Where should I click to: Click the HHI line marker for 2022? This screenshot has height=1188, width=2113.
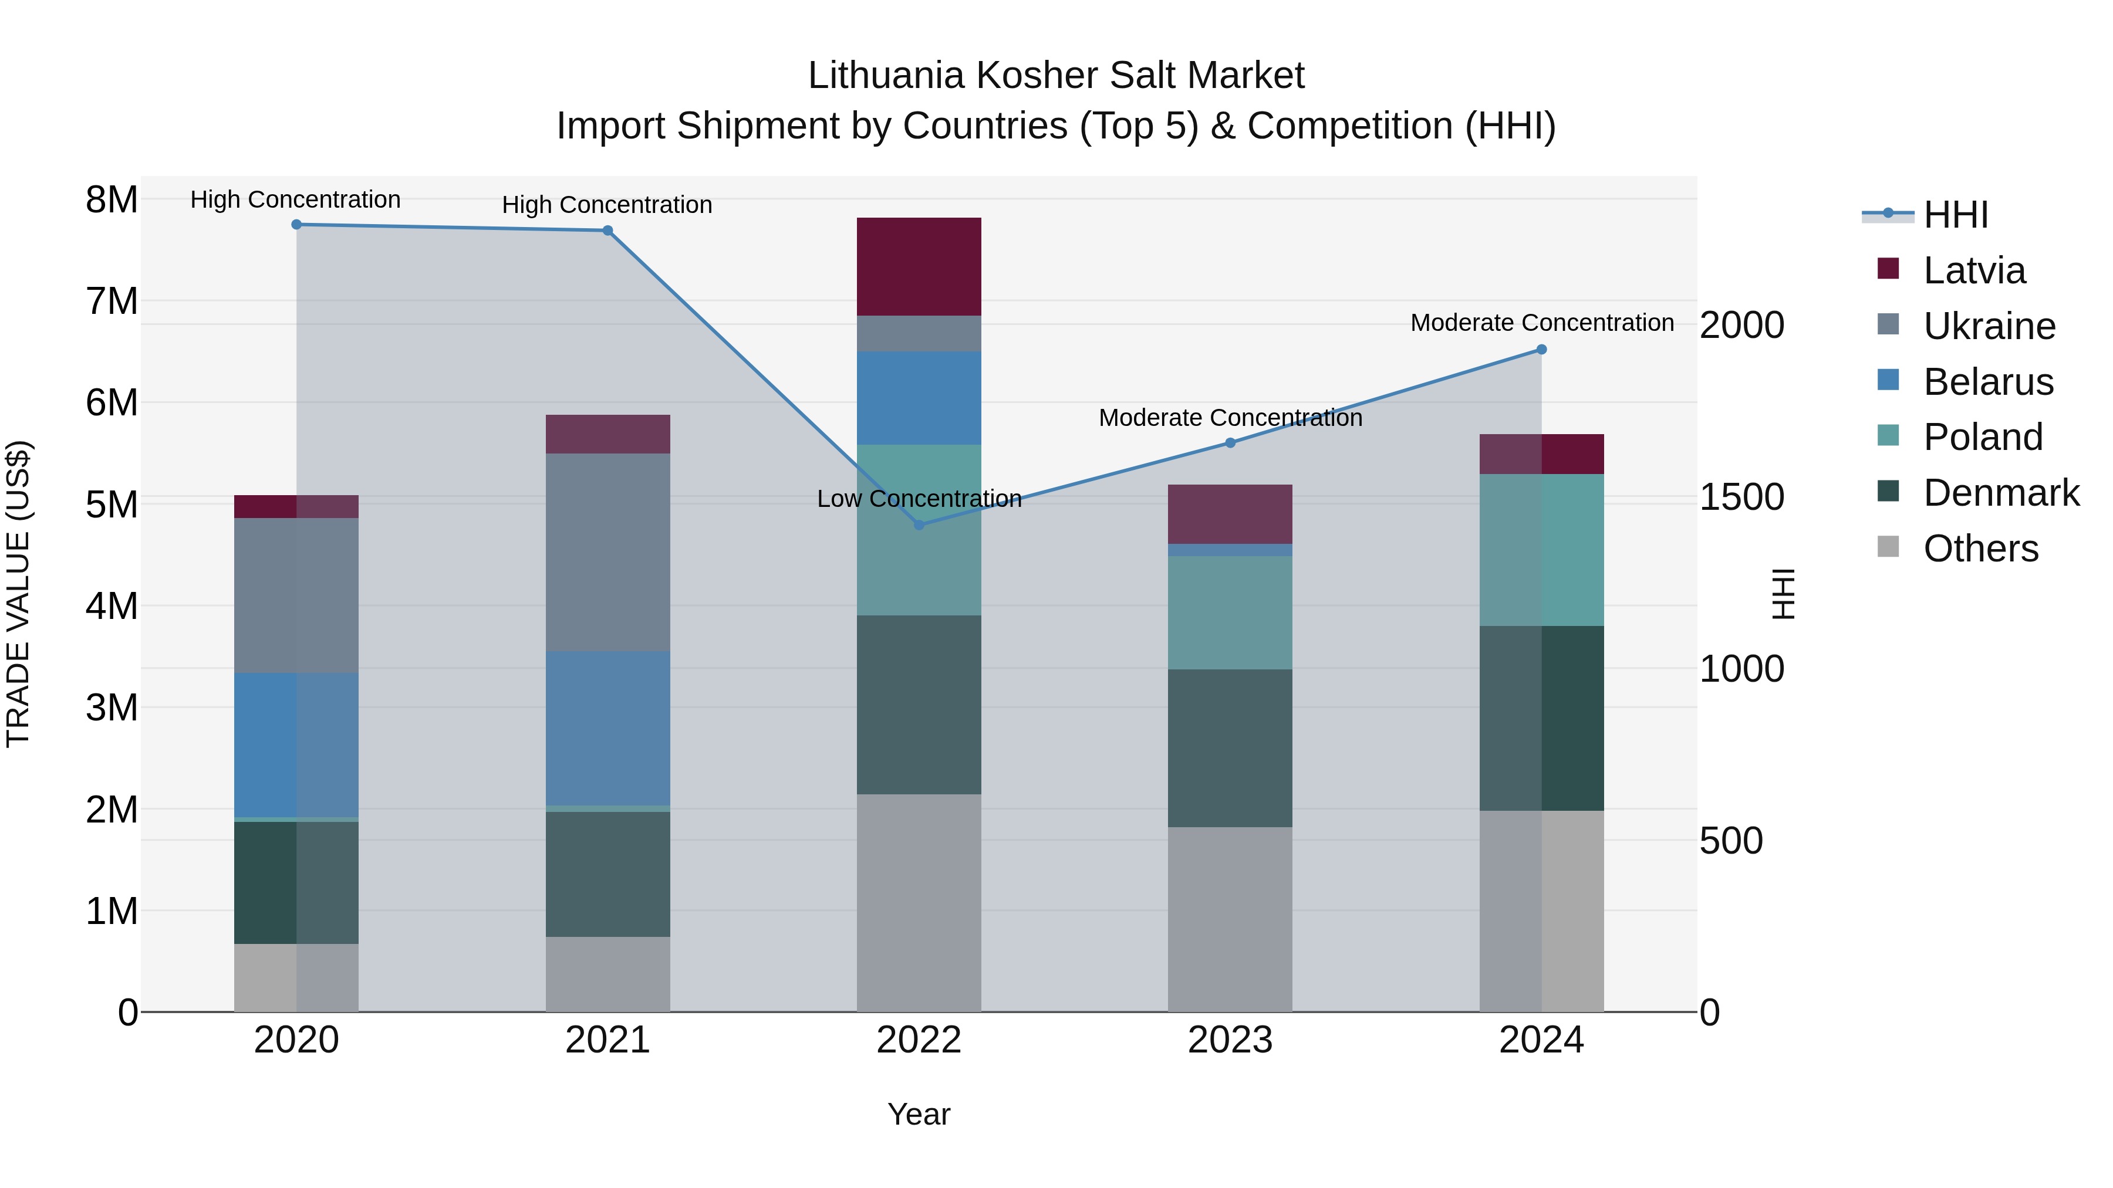919,524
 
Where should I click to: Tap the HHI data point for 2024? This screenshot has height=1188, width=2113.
1541,349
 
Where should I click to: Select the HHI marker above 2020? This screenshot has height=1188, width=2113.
296,225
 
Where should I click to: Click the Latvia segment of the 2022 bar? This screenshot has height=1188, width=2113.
919,266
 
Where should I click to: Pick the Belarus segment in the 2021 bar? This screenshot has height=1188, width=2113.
608,728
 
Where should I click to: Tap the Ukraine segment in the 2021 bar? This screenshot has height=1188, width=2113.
608,552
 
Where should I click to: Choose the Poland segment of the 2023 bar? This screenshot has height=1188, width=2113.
1230,612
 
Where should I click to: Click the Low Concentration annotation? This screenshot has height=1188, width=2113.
919,499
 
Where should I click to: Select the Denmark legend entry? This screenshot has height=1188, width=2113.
2001,493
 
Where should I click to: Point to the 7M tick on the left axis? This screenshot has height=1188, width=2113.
112,301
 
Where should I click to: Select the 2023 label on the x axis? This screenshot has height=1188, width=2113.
1230,1040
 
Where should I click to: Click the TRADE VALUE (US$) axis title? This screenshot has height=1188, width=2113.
18,594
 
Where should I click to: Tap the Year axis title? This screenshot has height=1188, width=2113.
919,1114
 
